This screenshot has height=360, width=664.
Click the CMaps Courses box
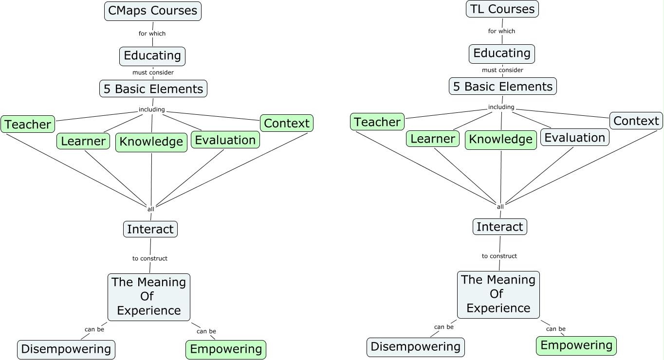click(x=152, y=11)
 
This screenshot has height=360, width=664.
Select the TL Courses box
click(x=502, y=9)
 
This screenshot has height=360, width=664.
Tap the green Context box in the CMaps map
click(x=286, y=123)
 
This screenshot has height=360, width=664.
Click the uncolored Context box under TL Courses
click(x=636, y=121)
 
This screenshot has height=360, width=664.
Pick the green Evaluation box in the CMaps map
click(x=225, y=140)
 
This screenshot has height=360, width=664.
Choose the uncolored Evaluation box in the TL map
click(x=574, y=138)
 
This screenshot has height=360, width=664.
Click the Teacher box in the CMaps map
click(x=28, y=125)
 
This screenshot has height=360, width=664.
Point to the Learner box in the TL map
click(x=432, y=139)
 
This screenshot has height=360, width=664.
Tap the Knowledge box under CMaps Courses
click(x=151, y=142)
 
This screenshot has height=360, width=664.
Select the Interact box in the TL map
click(x=499, y=227)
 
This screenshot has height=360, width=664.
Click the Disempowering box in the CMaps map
click(x=66, y=349)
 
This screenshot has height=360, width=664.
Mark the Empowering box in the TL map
click(x=576, y=346)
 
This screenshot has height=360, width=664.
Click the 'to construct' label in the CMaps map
click(x=150, y=258)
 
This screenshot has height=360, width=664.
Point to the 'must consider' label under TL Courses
click(x=502, y=70)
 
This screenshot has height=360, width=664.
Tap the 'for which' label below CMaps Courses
click(x=152, y=34)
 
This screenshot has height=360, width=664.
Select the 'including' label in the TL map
click(x=501, y=107)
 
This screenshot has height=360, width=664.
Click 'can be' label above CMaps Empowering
click(x=206, y=331)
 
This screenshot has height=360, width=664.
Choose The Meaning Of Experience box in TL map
click(x=498, y=294)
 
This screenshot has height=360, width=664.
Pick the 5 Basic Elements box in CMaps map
click(x=153, y=89)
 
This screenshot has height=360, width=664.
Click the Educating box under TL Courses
click(x=502, y=53)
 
